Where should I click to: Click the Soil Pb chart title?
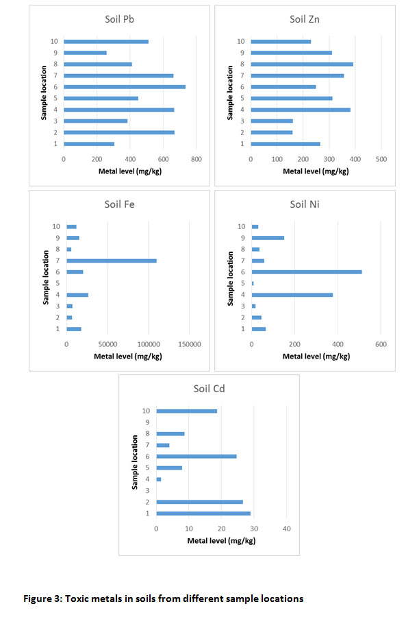coord(120,19)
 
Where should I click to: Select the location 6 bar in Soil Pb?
coord(125,87)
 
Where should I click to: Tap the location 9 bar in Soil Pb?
coord(86,53)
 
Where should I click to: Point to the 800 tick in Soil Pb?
coord(196,159)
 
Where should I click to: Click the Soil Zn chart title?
coord(305,19)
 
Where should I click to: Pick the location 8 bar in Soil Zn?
coord(302,64)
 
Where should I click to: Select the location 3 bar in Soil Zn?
coord(272,121)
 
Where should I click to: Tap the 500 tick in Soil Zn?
coord(381,159)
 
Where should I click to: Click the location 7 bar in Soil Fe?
coord(112,261)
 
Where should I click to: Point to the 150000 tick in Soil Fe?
coord(190,344)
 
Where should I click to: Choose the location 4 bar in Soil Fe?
coord(77,295)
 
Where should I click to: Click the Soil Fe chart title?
coord(120,204)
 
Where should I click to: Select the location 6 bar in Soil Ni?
coord(307,272)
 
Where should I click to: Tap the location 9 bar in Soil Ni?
coord(268,238)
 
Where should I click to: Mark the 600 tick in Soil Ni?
coord(381,344)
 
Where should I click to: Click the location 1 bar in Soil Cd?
coord(203,513)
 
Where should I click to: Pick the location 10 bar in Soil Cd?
coord(187,411)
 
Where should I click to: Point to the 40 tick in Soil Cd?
coord(287,529)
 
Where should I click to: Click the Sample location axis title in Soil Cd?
coord(135,462)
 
